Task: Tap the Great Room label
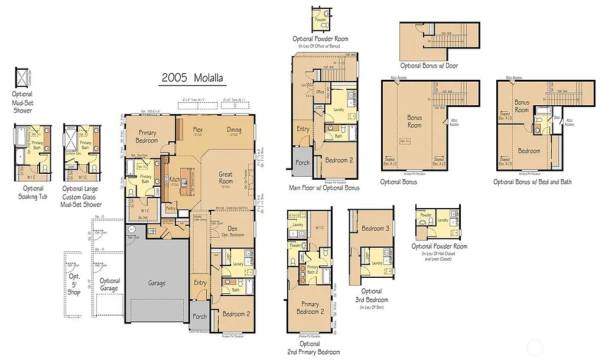point(226,177)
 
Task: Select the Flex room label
point(197,129)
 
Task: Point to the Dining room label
point(234,129)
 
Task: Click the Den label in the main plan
point(232,229)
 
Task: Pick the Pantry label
point(172,208)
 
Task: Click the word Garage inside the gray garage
point(157,283)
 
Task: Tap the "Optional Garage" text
point(110,285)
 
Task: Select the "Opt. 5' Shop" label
point(74,284)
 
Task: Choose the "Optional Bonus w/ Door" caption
point(428,66)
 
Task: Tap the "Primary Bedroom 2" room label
point(310,307)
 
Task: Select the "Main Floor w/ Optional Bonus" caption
point(324,188)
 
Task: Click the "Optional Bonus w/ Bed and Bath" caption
point(532,182)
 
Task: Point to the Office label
point(320,92)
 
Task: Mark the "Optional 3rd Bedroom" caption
point(372,296)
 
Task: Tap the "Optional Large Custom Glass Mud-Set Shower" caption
point(82,196)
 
